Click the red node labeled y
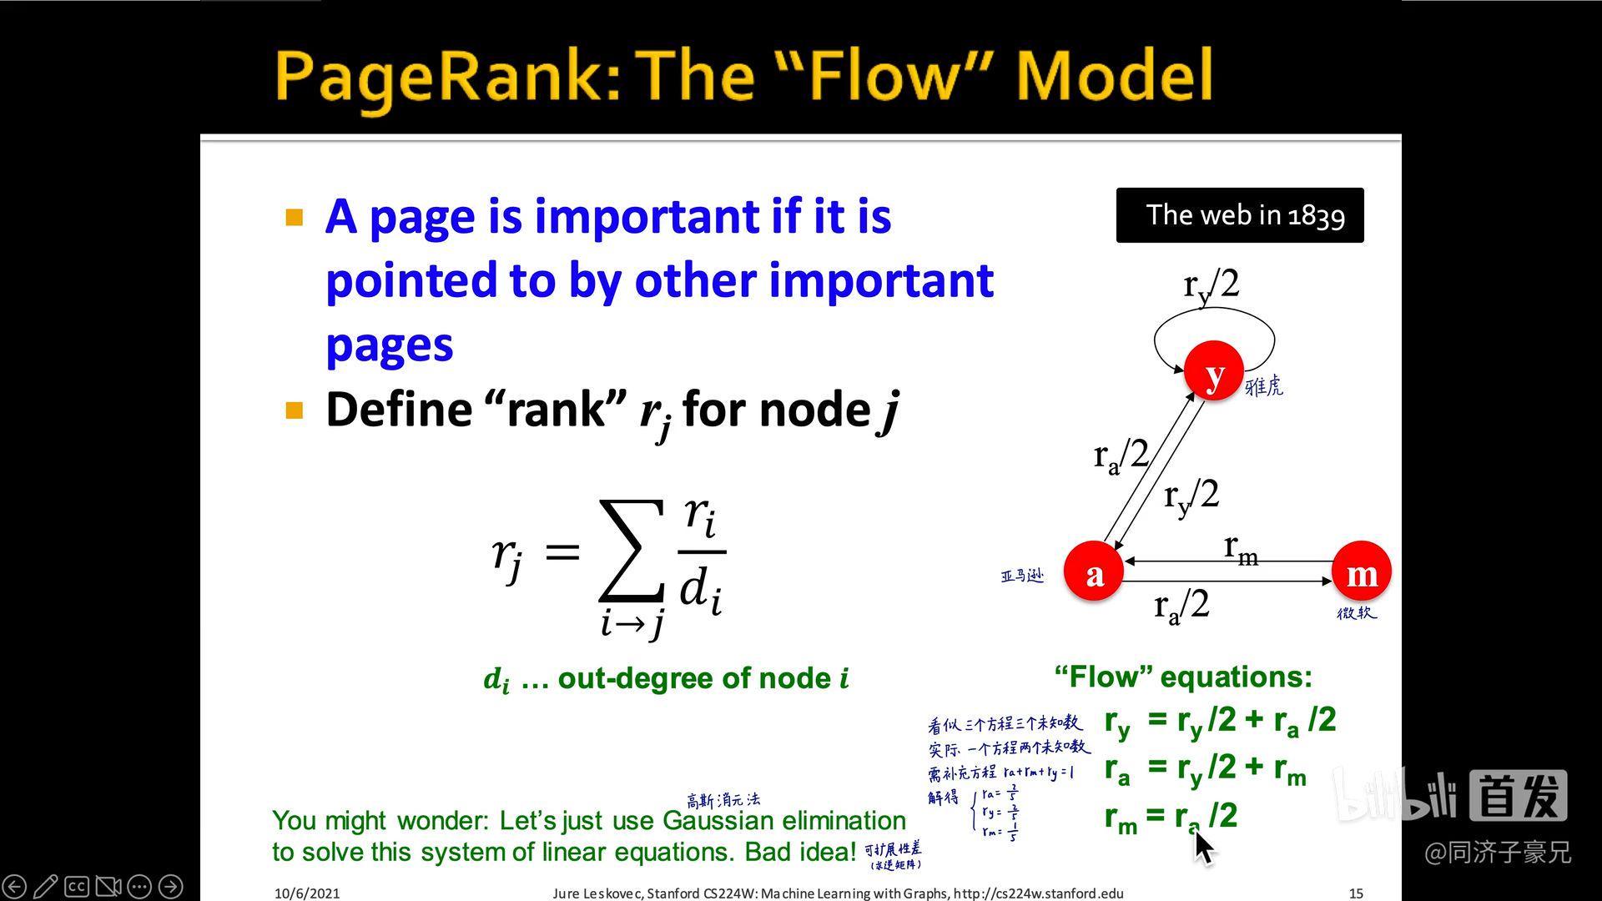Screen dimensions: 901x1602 tap(1213, 371)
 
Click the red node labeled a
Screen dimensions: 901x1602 tap(1094, 572)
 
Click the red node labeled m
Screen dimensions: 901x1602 tap(1361, 572)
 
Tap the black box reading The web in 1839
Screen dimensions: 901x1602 tap(1240, 215)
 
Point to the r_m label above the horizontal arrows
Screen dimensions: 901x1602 tap(1241, 548)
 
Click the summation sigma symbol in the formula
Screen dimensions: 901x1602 tap(632, 551)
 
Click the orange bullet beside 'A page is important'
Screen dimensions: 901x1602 tap(294, 219)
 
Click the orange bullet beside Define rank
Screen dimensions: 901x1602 tap(294, 410)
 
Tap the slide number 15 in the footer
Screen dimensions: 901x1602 tap(1356, 893)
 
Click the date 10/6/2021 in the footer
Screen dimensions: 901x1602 tap(307, 893)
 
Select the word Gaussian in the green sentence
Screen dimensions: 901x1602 tap(718, 821)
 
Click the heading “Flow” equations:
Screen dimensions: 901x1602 tap(1183, 677)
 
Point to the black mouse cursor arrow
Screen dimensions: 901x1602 tap(1203, 847)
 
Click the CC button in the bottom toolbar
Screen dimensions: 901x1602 tap(77, 886)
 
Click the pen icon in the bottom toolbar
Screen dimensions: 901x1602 tap(46, 886)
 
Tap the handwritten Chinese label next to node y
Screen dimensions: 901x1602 tap(1264, 386)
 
